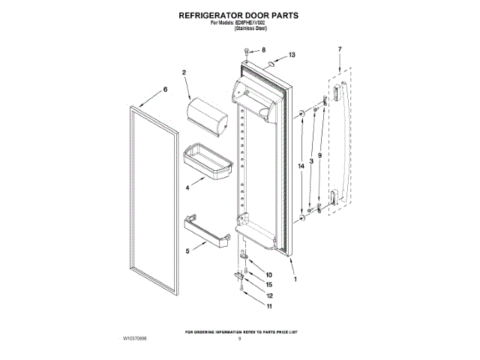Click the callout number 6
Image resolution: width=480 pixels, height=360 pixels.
(165, 90)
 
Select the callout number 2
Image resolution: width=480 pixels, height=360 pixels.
(184, 73)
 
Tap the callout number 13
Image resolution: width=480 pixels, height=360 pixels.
(292, 55)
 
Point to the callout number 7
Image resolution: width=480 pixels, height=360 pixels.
(339, 49)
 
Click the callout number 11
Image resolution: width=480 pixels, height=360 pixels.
(269, 307)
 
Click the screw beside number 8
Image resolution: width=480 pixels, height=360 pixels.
(247, 51)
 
